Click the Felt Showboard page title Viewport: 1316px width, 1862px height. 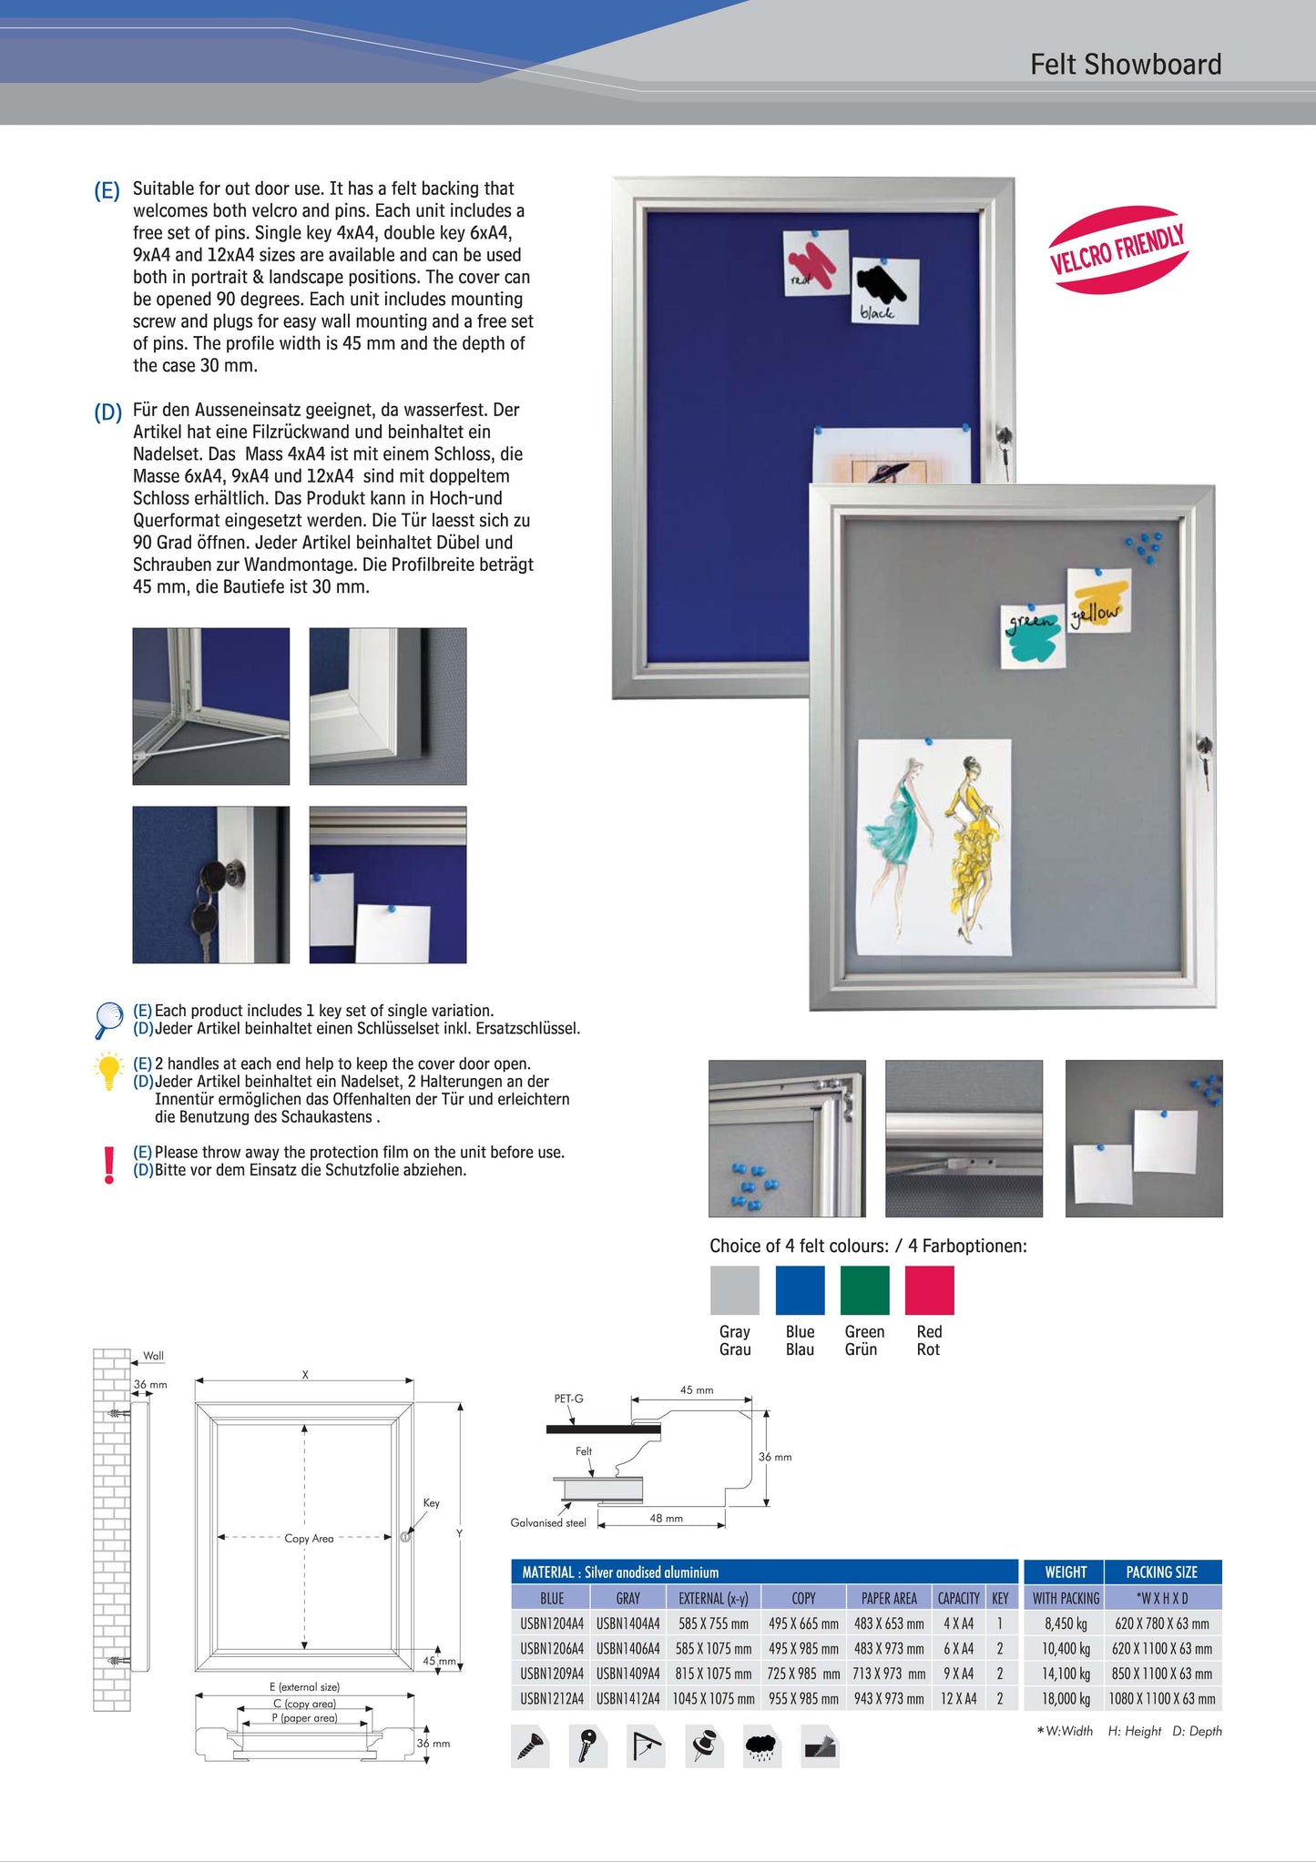(1126, 65)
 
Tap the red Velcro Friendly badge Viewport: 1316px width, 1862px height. (1117, 249)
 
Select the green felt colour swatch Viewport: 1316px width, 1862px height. (864, 1290)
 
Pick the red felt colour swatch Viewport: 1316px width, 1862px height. (929, 1290)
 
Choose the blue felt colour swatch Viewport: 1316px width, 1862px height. (800, 1290)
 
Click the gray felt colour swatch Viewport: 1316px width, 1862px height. (734, 1290)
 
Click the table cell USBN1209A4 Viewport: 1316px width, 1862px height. (552, 1674)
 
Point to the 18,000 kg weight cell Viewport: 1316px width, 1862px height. (1066, 1699)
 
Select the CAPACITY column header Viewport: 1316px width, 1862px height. (958, 1598)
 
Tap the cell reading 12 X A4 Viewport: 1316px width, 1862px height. (958, 1699)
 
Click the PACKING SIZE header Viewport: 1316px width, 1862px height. (1161, 1572)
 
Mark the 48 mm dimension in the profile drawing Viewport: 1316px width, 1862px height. (666, 1519)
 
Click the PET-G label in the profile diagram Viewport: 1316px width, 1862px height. (568, 1399)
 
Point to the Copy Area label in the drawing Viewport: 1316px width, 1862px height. (309, 1539)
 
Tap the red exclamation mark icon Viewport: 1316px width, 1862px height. (109, 1164)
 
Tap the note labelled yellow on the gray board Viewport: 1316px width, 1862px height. (1098, 602)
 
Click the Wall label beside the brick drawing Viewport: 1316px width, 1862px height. (153, 1356)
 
